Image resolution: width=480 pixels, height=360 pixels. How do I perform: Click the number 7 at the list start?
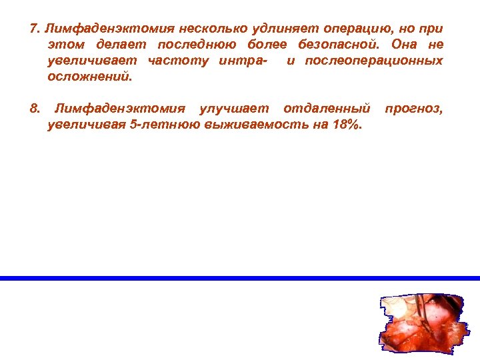pos(35,29)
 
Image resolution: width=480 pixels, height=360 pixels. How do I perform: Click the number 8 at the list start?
pos(35,109)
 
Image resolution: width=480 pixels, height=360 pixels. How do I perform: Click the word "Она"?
pos(403,45)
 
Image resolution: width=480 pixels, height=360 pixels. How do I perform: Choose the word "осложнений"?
pos(90,77)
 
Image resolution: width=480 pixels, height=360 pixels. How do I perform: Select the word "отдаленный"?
pos(326,109)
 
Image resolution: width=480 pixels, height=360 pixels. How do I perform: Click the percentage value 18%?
pos(345,125)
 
